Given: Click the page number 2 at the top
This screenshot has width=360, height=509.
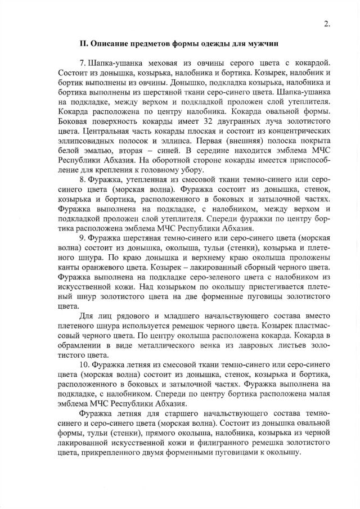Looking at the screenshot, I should pyautogui.click(x=327, y=24).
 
